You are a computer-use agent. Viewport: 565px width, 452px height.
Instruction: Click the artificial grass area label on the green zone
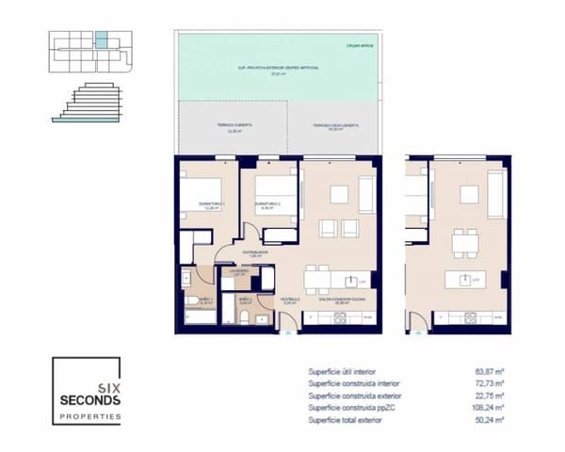278,69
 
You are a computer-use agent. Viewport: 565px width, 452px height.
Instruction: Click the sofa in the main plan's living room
364,194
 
